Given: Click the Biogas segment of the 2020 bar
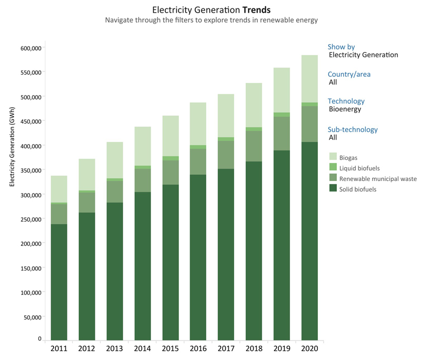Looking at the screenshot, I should (309, 79).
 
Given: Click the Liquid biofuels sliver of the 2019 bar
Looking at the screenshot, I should (282, 115).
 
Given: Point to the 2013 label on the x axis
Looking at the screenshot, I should (114, 348).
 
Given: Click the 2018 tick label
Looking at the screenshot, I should (254, 348).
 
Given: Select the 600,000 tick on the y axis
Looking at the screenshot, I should (29, 48).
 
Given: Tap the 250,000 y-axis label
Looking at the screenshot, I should (29, 219).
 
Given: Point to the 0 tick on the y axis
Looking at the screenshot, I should (39, 338).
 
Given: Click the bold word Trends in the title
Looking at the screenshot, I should (257, 10).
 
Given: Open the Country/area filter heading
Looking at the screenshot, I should (349, 74).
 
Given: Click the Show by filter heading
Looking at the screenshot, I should (341, 47).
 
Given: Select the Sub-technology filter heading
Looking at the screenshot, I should (353, 129).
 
